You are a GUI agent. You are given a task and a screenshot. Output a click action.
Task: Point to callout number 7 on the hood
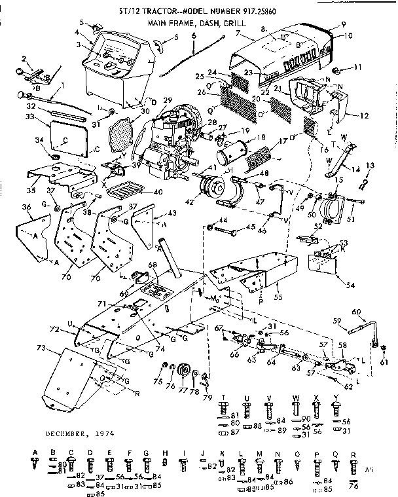tap(240, 33)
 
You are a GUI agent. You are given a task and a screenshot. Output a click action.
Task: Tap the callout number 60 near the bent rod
tap(356, 311)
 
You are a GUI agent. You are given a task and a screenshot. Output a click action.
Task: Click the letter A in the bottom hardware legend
tap(35, 452)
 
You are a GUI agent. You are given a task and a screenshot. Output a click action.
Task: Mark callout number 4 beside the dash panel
tap(77, 32)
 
